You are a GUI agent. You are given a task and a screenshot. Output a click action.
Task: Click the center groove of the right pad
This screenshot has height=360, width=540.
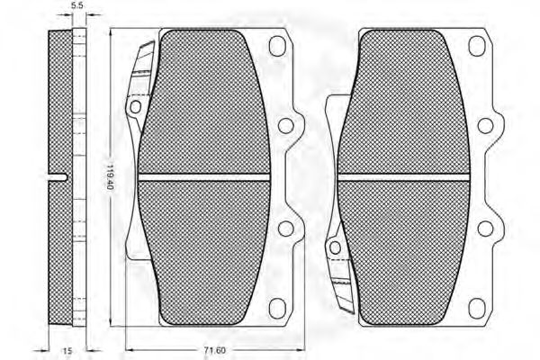coord(404,175)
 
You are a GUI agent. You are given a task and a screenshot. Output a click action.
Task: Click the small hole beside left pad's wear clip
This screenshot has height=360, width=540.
coord(136,108)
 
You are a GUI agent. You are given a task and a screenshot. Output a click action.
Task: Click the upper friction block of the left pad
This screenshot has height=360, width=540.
coord(205,99)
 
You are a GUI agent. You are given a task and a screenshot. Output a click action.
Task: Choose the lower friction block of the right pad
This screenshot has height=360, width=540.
coord(404,252)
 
